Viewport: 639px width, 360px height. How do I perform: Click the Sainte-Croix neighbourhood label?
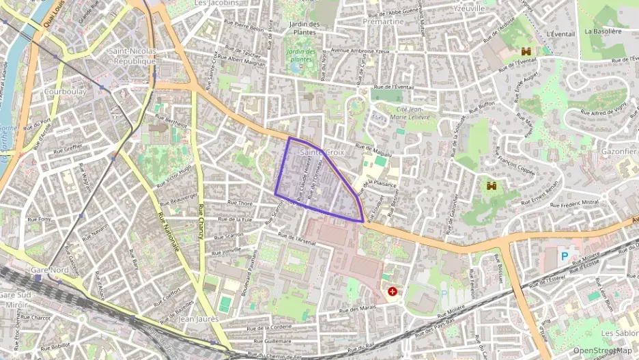(x=322, y=152)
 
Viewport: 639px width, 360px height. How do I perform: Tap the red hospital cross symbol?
(x=393, y=292)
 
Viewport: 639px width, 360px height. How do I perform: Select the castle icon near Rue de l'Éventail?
(x=526, y=51)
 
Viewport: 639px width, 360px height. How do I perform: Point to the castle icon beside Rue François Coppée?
(x=491, y=185)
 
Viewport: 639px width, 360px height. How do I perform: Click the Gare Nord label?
(x=50, y=270)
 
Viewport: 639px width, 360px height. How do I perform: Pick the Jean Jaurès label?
(x=198, y=319)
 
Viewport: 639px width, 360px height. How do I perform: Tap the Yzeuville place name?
(x=469, y=9)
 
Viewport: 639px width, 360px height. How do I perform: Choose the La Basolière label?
(x=603, y=31)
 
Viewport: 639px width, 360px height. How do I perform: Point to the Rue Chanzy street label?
(x=201, y=221)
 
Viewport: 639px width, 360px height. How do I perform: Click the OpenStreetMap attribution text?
(x=602, y=350)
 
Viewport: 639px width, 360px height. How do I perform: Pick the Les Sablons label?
(x=619, y=333)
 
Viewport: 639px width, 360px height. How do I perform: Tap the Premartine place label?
(x=383, y=22)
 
